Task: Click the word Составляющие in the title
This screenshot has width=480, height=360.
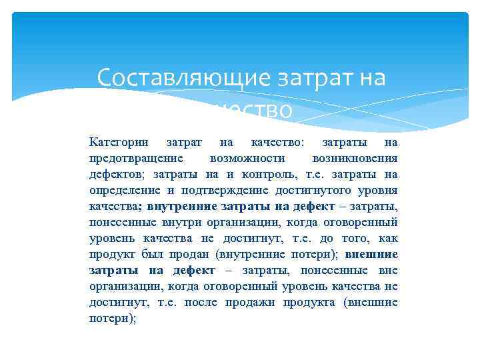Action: point(181,78)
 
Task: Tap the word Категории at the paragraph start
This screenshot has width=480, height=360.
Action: point(116,142)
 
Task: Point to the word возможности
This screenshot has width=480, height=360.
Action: point(247,158)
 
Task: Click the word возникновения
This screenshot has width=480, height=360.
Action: point(355,158)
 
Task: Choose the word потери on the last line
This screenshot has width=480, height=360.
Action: point(109,318)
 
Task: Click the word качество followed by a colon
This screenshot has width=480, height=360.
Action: point(278,142)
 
